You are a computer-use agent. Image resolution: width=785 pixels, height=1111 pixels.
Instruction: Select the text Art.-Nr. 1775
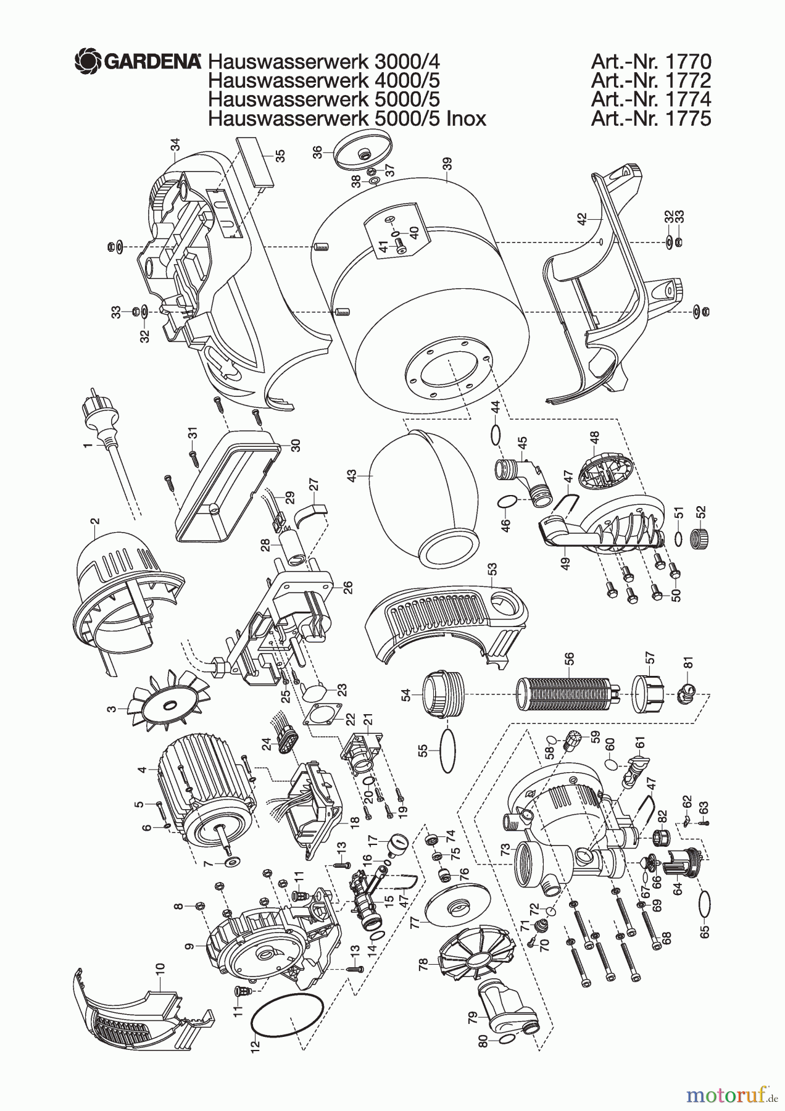coord(650,118)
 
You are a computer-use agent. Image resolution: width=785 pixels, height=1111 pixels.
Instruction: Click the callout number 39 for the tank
coord(446,164)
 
